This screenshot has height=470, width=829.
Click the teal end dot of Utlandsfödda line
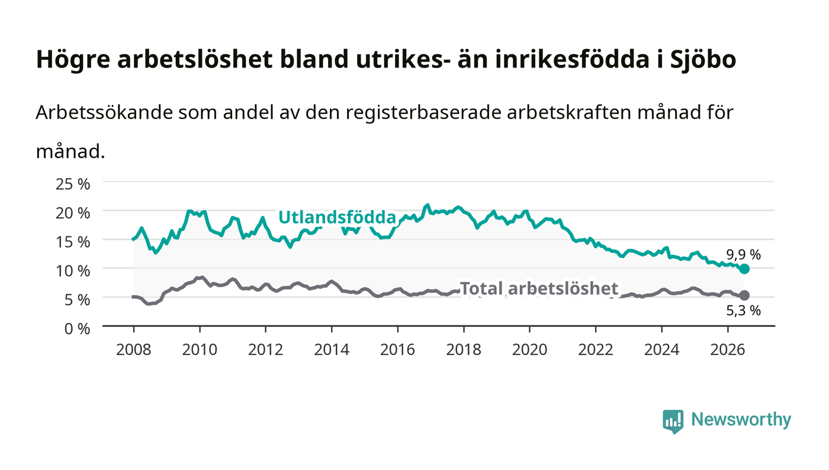coord(744,269)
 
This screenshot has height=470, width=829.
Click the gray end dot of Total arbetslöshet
coord(744,295)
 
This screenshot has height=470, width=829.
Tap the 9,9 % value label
coord(743,255)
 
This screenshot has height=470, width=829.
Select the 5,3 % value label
coord(743,311)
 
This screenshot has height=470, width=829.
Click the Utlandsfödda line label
coord(337,217)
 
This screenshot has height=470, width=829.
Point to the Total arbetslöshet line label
coord(539,288)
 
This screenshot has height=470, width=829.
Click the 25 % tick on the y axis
coord(73,184)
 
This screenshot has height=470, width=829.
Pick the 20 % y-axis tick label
coord(73,213)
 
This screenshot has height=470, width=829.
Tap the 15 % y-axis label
coord(73,242)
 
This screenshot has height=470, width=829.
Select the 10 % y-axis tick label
coord(73,271)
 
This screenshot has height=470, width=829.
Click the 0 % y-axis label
coord(78,329)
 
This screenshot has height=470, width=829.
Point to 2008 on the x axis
coord(134,350)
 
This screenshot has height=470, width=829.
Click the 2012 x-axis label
coord(266,350)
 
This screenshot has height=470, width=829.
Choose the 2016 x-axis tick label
coord(397,350)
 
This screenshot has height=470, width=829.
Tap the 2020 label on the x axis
coord(529,350)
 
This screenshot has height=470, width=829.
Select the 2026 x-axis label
coord(728,350)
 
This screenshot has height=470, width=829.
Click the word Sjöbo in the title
coord(703,60)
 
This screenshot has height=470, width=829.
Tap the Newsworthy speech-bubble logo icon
coord(673,421)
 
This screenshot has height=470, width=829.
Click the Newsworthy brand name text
coord(741,420)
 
